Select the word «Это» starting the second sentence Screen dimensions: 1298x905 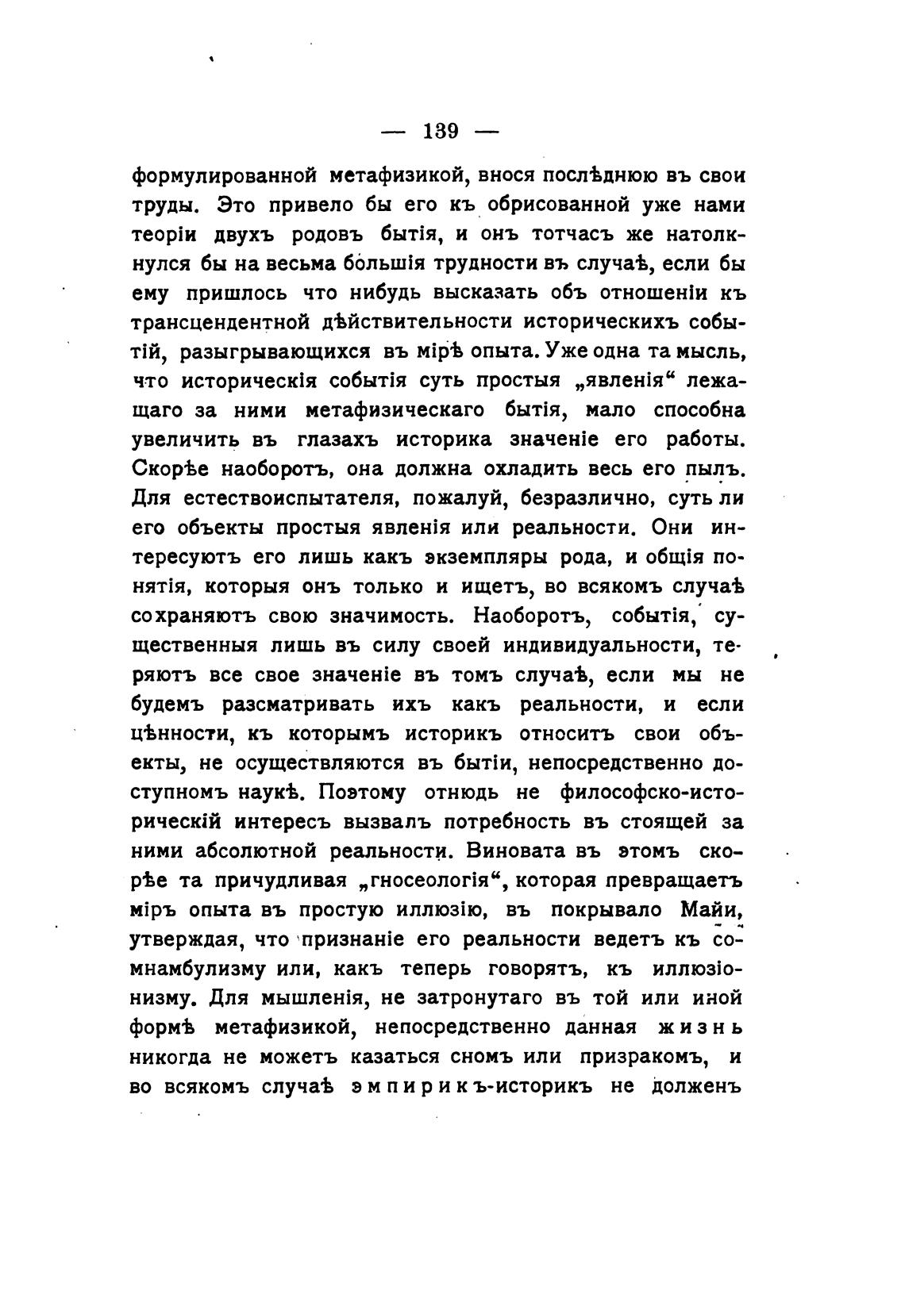(235, 205)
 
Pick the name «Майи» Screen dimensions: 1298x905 (714, 909)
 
